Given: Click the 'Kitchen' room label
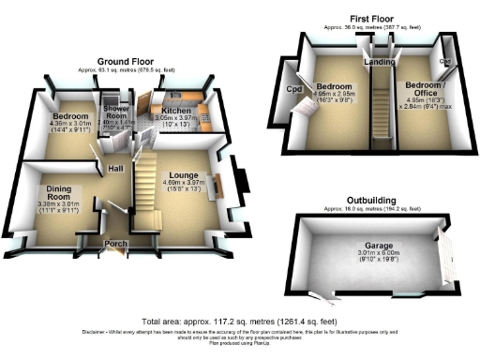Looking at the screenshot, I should click(x=177, y=111).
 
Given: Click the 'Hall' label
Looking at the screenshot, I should click(x=116, y=169).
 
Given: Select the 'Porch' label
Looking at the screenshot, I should click(x=117, y=244).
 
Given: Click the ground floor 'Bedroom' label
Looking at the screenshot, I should click(x=63, y=117).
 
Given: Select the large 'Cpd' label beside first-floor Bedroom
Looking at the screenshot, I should click(x=293, y=90).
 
